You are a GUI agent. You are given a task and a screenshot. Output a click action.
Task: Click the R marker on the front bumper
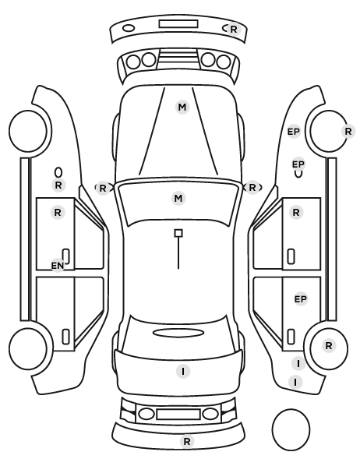(x=234, y=30)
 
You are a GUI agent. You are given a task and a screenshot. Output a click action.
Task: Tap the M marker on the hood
(x=182, y=107)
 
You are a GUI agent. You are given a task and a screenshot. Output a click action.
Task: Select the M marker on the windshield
(x=178, y=198)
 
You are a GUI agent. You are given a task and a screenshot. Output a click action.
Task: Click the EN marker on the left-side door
(x=58, y=266)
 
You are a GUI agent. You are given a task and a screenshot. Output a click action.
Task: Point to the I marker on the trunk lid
(x=183, y=372)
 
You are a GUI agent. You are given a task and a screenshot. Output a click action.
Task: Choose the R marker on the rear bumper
(x=187, y=442)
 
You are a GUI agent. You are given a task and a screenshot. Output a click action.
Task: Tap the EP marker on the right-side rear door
(x=301, y=299)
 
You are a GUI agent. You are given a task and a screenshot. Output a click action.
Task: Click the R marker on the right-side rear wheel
(x=329, y=346)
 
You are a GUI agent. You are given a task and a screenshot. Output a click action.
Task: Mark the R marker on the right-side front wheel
(x=348, y=131)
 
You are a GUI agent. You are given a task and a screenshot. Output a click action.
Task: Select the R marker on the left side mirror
(x=103, y=188)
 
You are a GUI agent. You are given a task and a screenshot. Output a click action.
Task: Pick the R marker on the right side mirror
(x=252, y=188)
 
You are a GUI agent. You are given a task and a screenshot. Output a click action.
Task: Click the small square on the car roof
(x=178, y=233)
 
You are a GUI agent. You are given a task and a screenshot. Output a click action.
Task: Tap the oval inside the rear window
(x=178, y=333)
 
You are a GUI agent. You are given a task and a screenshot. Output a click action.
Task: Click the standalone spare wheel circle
(x=291, y=429)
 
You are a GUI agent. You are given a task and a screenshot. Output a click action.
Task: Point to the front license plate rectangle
(x=178, y=24)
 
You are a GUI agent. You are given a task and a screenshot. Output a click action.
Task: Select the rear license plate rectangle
(x=178, y=415)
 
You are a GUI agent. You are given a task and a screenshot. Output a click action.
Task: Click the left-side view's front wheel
(x=28, y=131)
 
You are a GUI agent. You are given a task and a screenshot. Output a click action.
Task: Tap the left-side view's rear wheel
(x=28, y=349)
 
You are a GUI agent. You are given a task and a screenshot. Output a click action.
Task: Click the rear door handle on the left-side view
(x=65, y=337)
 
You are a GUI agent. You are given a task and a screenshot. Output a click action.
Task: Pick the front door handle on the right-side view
(x=291, y=256)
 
